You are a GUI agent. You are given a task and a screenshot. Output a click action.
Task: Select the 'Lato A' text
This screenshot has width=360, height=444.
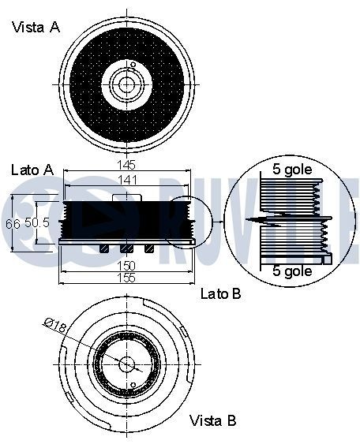(x=32, y=170)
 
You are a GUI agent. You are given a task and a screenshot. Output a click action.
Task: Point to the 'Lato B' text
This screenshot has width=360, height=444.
(x=220, y=294)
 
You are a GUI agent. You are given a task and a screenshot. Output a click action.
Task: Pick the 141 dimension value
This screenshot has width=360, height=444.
(x=126, y=181)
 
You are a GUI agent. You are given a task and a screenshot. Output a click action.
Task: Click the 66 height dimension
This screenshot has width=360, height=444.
(x=13, y=223)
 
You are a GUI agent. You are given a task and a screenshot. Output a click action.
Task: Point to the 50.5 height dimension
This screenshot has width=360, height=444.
(x=37, y=223)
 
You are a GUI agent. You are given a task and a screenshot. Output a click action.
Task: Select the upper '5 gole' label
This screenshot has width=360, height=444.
(x=292, y=170)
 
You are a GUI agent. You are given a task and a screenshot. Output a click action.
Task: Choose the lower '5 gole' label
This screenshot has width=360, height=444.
(x=292, y=271)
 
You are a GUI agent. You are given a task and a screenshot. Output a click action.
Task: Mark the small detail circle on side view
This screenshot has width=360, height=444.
(x=188, y=219)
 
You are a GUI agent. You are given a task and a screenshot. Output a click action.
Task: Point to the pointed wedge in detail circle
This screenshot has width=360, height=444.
(x=257, y=220)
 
